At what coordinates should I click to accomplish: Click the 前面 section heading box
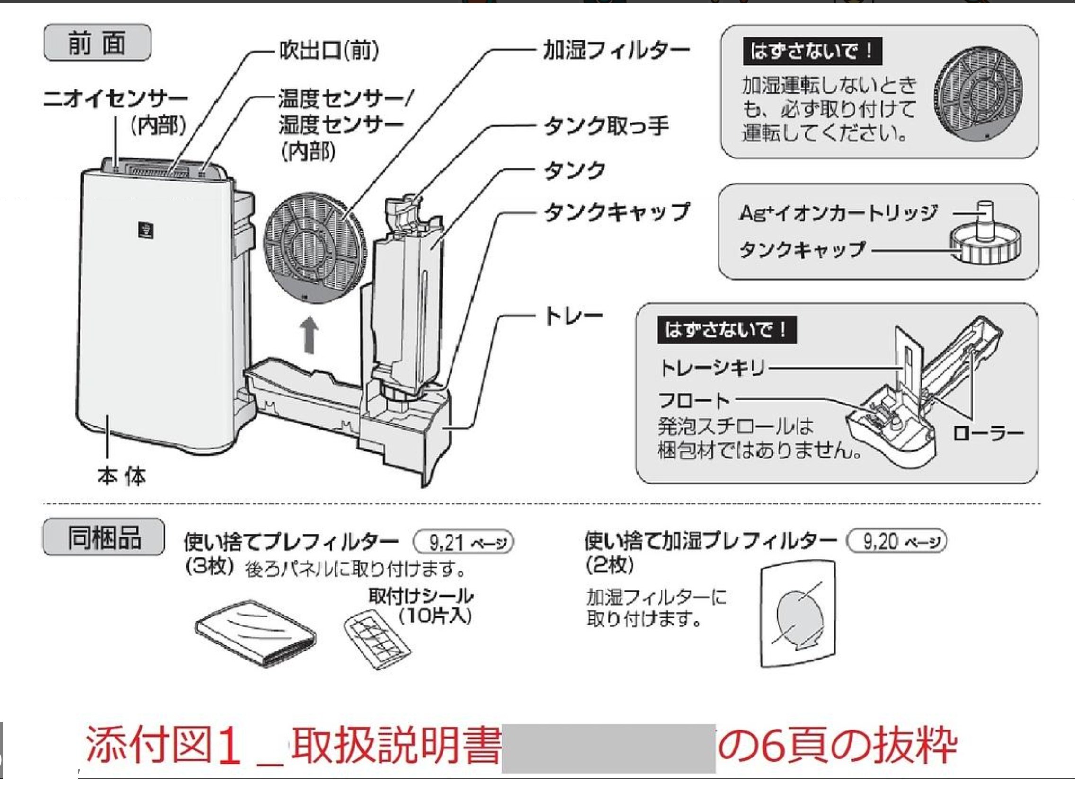click(98, 43)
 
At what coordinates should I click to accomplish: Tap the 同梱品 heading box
click(104, 537)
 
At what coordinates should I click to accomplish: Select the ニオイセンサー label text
click(115, 99)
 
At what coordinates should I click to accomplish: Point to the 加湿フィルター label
click(616, 50)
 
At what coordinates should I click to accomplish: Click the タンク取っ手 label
click(605, 127)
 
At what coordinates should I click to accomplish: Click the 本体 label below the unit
click(121, 476)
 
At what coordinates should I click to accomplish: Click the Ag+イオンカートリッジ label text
click(837, 213)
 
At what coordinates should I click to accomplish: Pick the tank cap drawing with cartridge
click(985, 238)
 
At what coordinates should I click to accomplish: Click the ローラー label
click(988, 434)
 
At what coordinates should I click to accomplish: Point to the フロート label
click(693, 400)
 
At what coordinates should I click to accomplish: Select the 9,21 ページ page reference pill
click(463, 543)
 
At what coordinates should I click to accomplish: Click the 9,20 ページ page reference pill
click(897, 542)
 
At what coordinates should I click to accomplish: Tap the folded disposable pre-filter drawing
click(256, 633)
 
